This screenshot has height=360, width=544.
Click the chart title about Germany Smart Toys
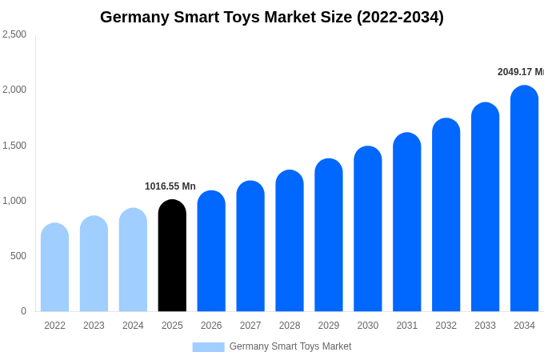click(x=272, y=17)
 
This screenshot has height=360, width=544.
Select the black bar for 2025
click(x=172, y=256)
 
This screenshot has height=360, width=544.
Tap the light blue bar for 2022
click(x=54, y=268)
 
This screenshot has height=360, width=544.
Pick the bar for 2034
click(x=524, y=200)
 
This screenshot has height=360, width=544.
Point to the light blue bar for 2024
click(x=133, y=260)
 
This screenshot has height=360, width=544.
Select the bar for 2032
click(x=446, y=216)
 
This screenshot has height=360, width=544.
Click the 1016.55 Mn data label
click(x=170, y=186)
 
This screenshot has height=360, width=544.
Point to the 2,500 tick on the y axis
click(x=14, y=34)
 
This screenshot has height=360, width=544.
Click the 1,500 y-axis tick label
click(x=14, y=146)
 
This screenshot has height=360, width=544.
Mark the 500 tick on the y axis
click(x=18, y=256)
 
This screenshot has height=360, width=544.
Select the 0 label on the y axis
click(x=23, y=311)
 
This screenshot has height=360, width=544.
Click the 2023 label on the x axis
click(x=94, y=326)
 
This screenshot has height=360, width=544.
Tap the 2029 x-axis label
click(x=329, y=326)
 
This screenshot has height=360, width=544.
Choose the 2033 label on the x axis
click(x=485, y=326)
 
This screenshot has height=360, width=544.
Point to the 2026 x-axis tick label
click(x=211, y=326)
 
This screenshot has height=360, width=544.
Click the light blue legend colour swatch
click(x=208, y=347)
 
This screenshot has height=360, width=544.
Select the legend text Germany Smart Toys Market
click(x=290, y=346)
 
